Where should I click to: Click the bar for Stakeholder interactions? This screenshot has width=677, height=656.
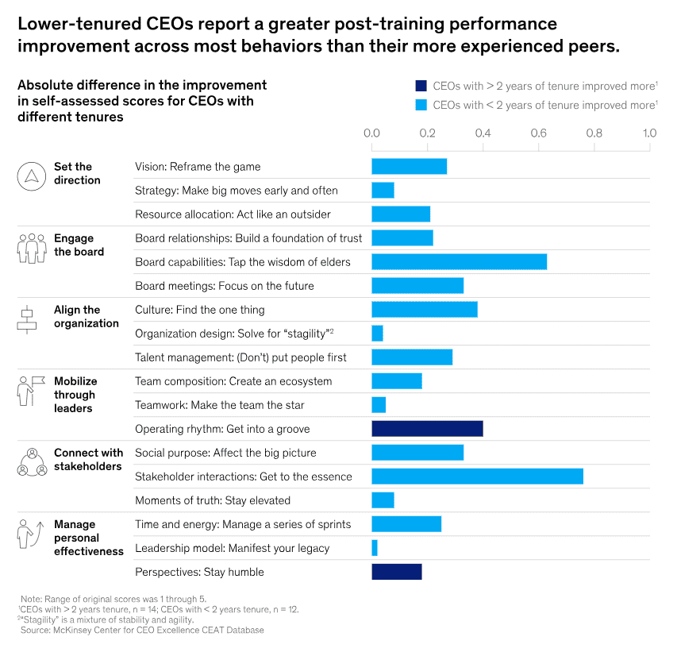click(477, 477)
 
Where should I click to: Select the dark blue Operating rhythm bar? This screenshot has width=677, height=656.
click(427, 429)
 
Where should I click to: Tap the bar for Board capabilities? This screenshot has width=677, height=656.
click(459, 262)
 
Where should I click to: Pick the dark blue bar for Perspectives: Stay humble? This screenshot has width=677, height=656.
click(397, 572)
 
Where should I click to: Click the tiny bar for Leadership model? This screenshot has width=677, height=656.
click(375, 548)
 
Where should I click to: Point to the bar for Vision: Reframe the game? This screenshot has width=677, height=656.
click(409, 167)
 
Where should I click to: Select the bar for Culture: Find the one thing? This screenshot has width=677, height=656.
click(425, 310)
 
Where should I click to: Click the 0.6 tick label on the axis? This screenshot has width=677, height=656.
click(538, 133)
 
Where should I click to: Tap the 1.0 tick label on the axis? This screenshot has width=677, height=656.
click(649, 133)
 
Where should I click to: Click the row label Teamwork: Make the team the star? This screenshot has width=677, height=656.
click(220, 405)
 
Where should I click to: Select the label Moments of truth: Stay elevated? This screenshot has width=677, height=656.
click(213, 500)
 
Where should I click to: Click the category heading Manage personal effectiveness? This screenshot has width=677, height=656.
click(89, 538)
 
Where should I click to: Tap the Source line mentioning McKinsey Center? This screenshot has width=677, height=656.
click(143, 630)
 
